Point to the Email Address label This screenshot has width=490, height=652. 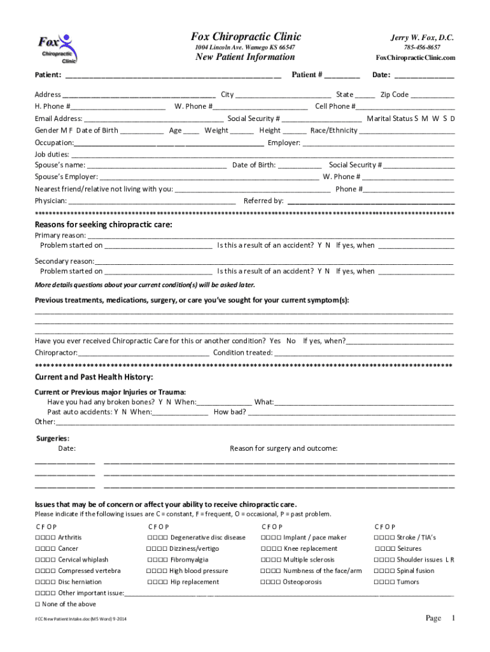pyautogui.click(x=59, y=118)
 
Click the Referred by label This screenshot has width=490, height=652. pyautogui.click(x=263, y=201)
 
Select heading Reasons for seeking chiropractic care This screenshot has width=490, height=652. pyautogui.click(x=103, y=225)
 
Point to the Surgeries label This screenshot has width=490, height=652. pyautogui.click(x=53, y=438)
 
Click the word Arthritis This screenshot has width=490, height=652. pyautogui.click(x=69, y=537)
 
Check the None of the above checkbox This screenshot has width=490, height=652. pyautogui.click(x=38, y=604)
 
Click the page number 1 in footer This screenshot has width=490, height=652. pyautogui.click(x=454, y=618)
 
